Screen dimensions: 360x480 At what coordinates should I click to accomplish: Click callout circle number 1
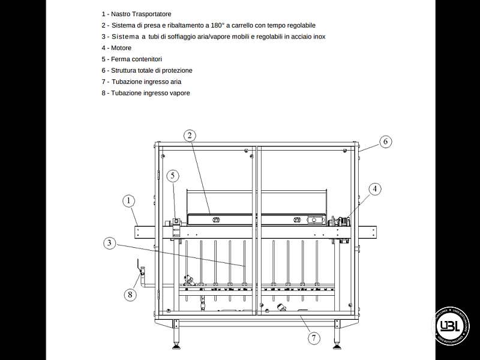click(129, 200)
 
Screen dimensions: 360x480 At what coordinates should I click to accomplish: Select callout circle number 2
click(189, 136)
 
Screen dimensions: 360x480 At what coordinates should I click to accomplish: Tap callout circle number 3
click(109, 243)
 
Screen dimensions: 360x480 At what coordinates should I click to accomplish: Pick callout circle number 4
click(374, 189)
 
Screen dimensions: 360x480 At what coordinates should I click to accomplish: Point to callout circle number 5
click(173, 176)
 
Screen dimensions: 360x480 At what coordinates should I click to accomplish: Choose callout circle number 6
click(385, 142)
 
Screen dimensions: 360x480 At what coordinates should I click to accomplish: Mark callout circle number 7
click(313, 338)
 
